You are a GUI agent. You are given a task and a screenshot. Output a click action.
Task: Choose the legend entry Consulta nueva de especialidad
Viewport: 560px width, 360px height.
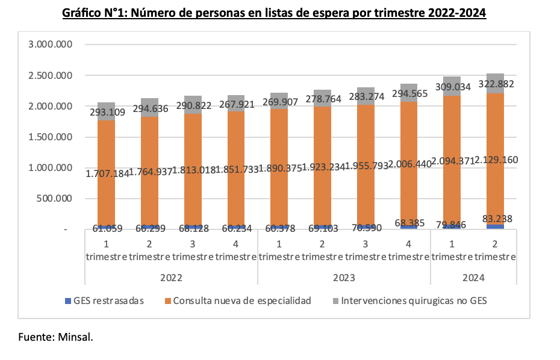[241, 300]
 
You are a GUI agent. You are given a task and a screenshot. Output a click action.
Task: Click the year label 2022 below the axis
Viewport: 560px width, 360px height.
[171, 278]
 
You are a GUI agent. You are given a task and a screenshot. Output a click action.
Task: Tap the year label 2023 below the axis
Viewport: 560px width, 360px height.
[344, 278]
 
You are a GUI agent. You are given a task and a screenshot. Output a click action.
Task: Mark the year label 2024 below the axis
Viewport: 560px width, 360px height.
[473, 278]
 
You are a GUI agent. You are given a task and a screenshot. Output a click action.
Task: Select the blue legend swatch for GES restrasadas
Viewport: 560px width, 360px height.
[67, 300]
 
